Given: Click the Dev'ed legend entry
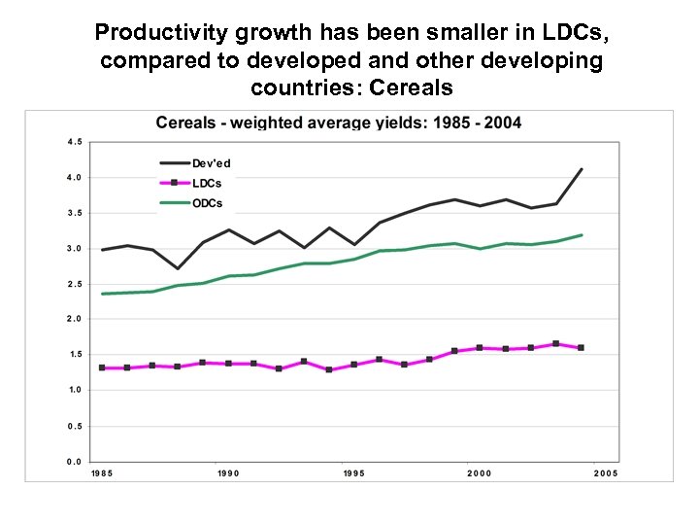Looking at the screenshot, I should point(211,163).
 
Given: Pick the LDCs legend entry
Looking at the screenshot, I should point(208,183).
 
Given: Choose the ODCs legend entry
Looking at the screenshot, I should point(208,203).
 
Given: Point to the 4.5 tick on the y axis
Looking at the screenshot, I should point(74,141).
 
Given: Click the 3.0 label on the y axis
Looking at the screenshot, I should point(74,248).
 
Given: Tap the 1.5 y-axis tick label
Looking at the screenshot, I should point(74,355).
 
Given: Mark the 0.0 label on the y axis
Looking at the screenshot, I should point(74,462).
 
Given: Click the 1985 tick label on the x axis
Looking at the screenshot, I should point(102,473).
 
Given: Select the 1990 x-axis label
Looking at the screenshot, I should point(228,473).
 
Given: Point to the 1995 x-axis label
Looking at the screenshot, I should point(354,473).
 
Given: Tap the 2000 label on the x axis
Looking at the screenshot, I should point(480,473).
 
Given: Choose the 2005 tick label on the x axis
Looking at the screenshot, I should point(606,473).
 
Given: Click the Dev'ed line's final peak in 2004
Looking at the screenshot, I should point(581,169).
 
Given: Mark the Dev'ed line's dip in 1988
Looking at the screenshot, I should point(178,268).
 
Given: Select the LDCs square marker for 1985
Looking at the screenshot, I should point(102,367).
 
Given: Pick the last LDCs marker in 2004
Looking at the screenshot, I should point(581,347).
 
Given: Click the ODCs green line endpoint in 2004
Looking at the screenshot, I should point(581,234).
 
